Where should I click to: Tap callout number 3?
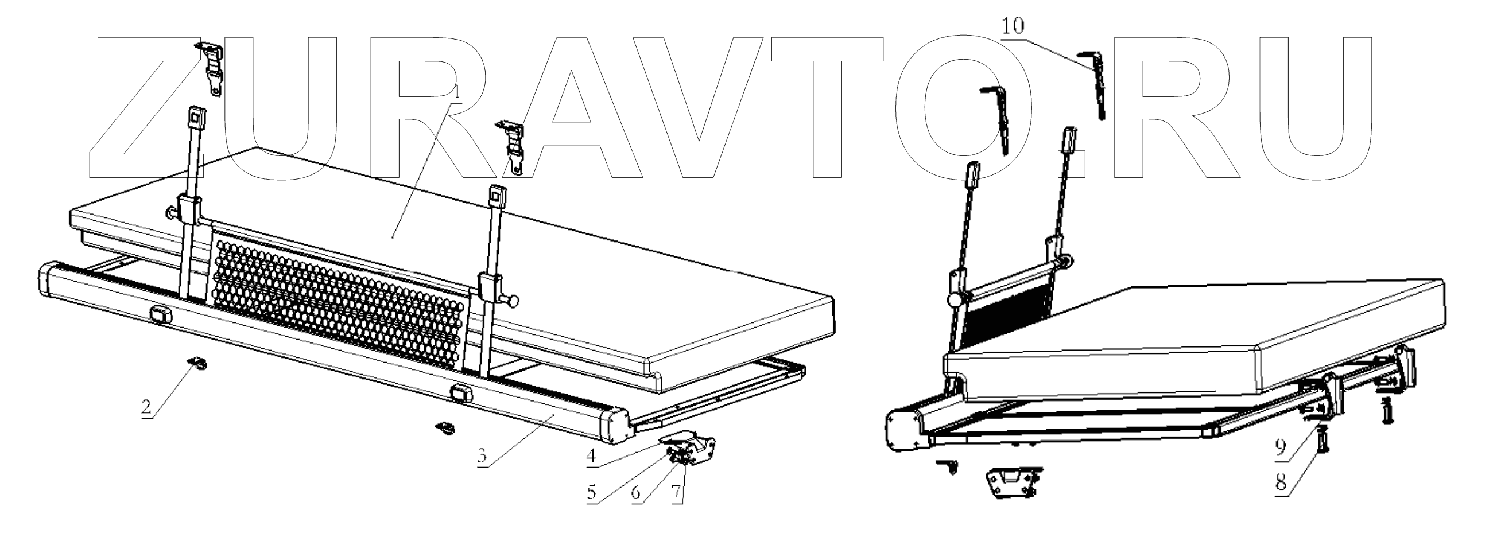click(x=481, y=456)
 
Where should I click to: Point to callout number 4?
click(x=591, y=456)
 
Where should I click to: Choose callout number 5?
click(x=591, y=493)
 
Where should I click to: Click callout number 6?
click(x=636, y=493)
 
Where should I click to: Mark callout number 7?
click(x=676, y=493)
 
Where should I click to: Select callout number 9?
click(x=1281, y=447)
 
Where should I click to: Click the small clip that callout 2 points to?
click(x=198, y=364)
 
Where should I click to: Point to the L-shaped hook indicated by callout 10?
click(x=1093, y=81)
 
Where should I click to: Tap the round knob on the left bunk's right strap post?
click(x=512, y=301)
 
